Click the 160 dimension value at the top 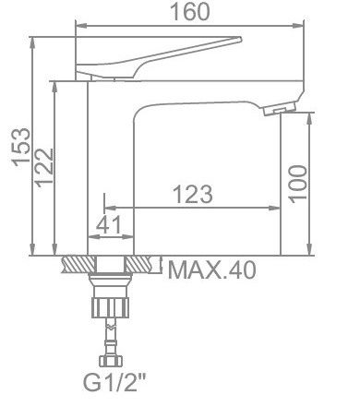pyautogui.click(x=190, y=12)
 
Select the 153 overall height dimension pyautogui.click(x=21, y=147)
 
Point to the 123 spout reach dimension pyautogui.click(x=193, y=195)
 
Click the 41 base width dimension pyautogui.click(x=109, y=224)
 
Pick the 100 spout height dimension pyautogui.click(x=298, y=184)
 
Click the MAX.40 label pyautogui.click(x=212, y=270)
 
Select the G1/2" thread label pyautogui.click(x=114, y=382)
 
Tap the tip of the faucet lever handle pyautogui.click(x=241, y=39)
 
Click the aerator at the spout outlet pyautogui.click(x=280, y=109)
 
